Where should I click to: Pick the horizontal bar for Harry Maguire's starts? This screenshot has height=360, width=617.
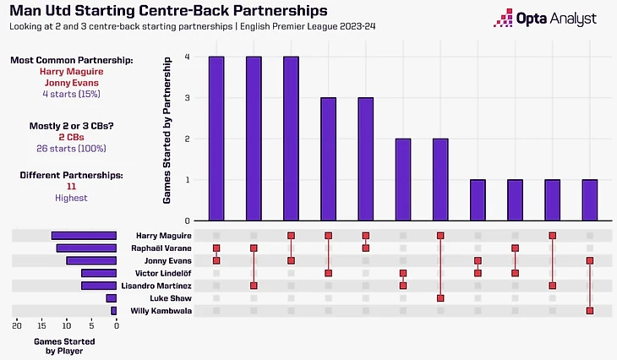click(84, 235)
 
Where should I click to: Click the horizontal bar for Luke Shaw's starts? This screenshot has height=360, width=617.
click(111, 298)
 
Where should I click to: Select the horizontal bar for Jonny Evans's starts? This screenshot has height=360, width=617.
click(91, 260)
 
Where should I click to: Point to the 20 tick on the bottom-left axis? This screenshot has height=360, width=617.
click(17, 325)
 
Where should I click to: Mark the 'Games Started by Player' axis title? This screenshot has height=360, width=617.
click(64, 346)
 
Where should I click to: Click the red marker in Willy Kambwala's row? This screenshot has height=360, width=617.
click(589, 311)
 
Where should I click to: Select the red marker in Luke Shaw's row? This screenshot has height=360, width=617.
click(440, 298)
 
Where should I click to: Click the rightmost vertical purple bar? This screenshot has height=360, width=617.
click(589, 200)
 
